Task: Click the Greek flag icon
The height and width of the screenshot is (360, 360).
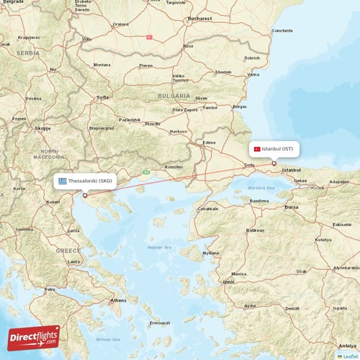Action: [x=63, y=181]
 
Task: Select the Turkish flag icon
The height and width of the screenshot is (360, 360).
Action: [x=256, y=149]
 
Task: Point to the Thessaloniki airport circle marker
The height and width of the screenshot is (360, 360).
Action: [x=85, y=194]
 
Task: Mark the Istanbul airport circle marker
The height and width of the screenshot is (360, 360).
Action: [x=274, y=163]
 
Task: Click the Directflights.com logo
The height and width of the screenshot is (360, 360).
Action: [x=34, y=337]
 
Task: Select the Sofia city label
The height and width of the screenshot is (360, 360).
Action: [x=102, y=96]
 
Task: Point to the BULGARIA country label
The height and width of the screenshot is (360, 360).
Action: [x=175, y=95]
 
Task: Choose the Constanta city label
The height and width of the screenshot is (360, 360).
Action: [x=282, y=31]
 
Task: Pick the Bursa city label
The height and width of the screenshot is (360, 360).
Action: [x=292, y=207]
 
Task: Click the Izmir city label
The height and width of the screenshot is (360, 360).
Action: [x=229, y=282]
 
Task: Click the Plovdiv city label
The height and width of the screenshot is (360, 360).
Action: [x=152, y=124]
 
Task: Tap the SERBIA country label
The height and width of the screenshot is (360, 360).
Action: [x=29, y=53]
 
